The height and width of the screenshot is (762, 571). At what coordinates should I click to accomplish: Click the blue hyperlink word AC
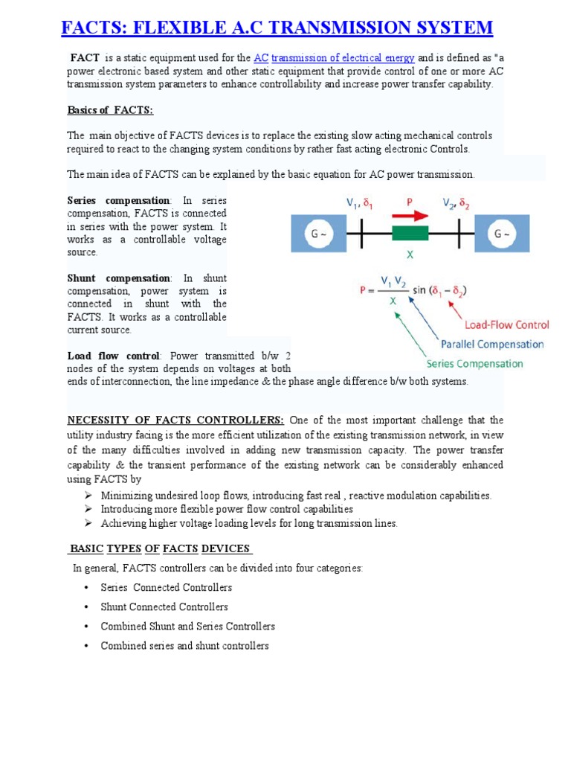[260, 58]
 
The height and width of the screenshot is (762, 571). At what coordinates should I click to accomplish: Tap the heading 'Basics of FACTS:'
[110, 110]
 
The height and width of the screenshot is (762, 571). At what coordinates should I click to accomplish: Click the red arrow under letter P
[410, 216]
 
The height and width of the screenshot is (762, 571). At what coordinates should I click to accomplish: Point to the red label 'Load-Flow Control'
[507, 324]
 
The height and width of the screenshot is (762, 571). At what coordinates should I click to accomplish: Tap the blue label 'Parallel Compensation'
[491, 345]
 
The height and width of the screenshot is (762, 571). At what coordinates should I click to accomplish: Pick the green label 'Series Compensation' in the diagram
[474, 364]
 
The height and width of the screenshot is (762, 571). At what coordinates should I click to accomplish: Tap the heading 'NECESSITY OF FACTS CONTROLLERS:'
[175, 420]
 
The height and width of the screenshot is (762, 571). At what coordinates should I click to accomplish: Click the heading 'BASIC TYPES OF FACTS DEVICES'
[161, 549]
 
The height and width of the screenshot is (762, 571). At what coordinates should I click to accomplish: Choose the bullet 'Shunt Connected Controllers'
[164, 607]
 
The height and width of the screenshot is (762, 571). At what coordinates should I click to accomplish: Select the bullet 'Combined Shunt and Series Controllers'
[188, 627]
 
